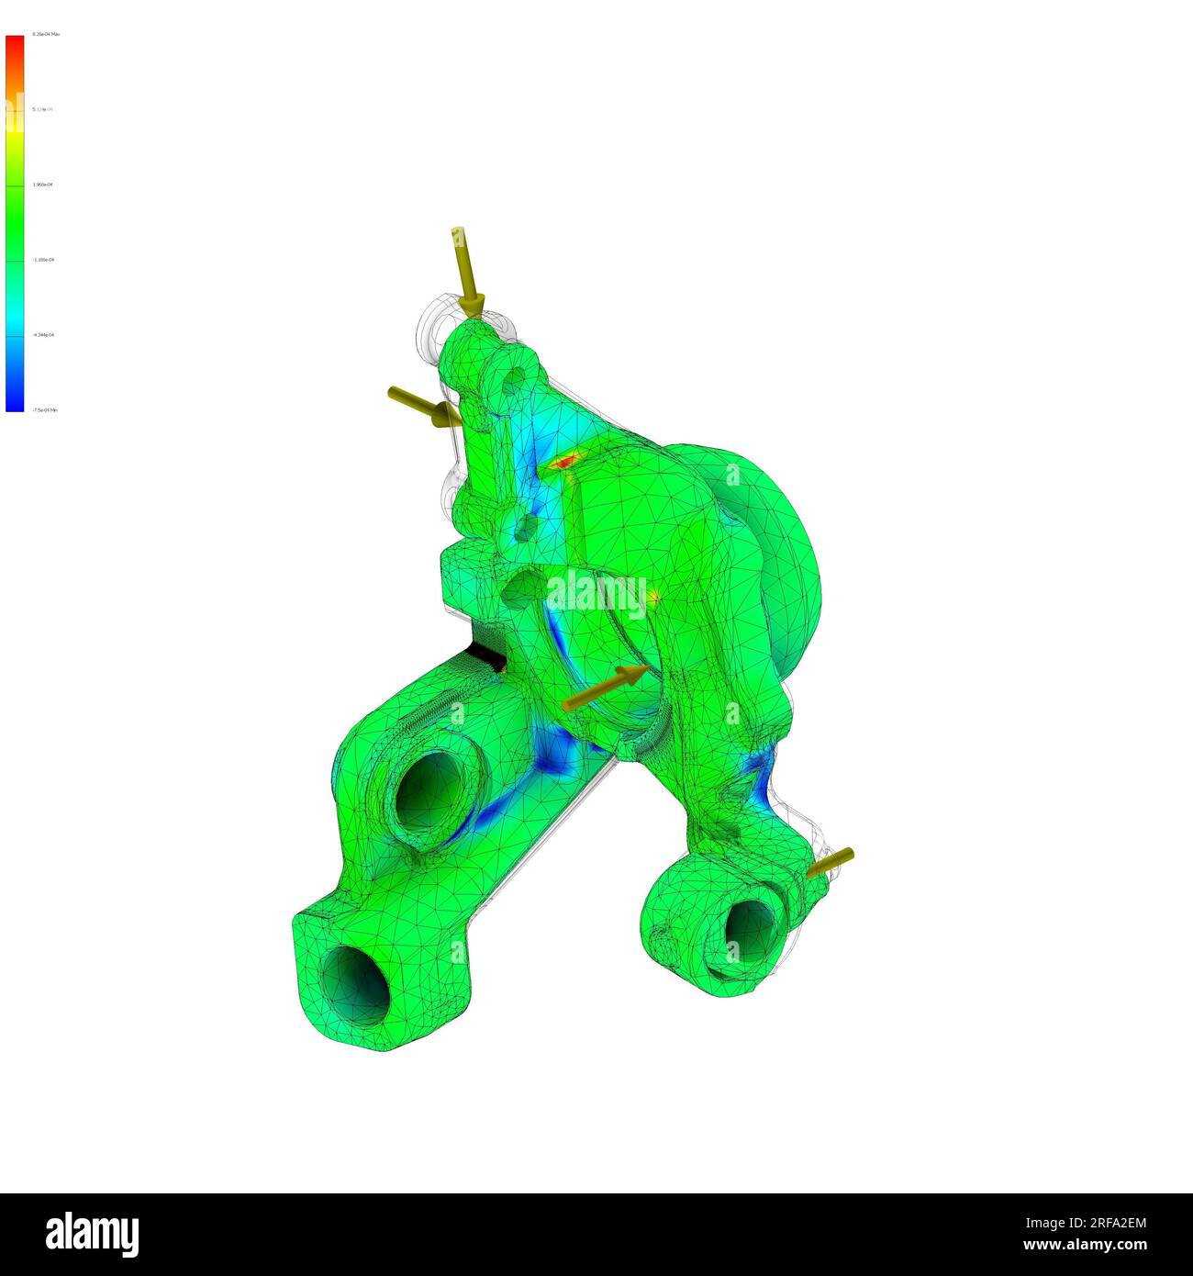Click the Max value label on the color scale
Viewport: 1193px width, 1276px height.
pos(46,34)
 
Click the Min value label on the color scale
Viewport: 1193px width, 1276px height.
pos(45,410)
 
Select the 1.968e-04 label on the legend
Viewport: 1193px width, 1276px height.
pos(43,185)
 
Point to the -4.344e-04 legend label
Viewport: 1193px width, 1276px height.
pos(43,335)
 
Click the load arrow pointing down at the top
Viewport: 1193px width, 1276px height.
pos(465,271)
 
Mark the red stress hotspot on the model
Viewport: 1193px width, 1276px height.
pos(563,461)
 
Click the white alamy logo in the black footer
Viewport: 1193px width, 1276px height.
pos(92,1234)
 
